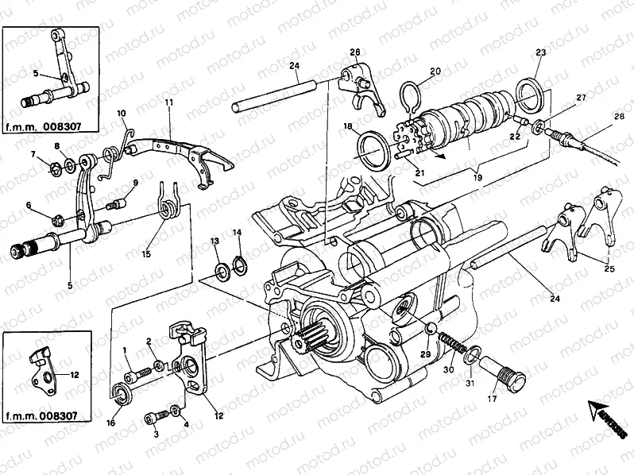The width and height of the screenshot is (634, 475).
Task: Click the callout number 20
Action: [x=435, y=71]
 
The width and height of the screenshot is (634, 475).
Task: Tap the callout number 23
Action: [x=540, y=52]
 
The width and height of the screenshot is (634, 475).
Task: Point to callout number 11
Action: [x=168, y=102]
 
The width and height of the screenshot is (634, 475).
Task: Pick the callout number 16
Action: [x=111, y=423]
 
